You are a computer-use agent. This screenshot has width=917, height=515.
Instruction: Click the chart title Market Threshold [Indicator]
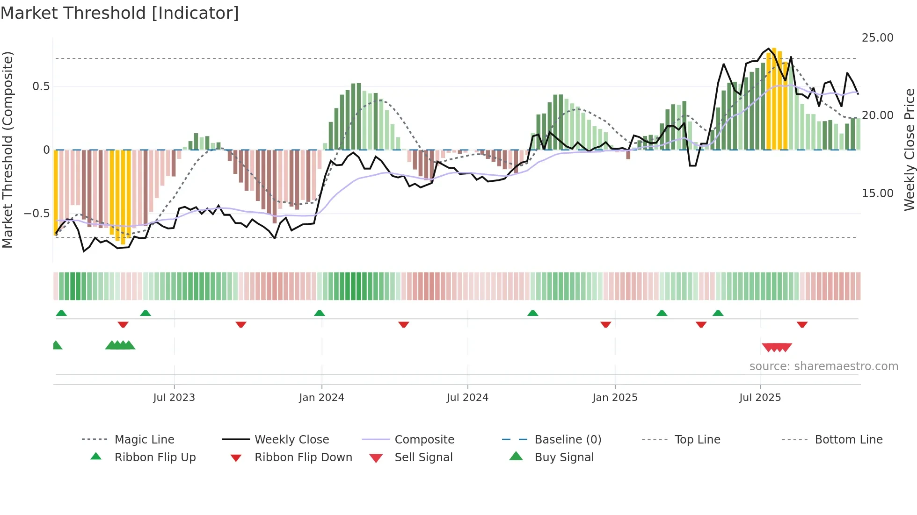tap(120, 13)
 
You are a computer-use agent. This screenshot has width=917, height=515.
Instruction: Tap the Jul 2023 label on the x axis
tap(174, 398)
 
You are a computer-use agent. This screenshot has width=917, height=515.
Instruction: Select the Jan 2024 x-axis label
tap(321, 398)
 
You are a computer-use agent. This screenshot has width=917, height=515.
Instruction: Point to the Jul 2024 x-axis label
tap(467, 398)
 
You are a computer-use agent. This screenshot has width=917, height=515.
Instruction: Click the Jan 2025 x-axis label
tap(615, 398)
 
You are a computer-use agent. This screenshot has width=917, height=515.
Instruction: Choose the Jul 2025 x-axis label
tap(760, 398)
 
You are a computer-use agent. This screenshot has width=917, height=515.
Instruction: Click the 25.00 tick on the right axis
tap(877, 38)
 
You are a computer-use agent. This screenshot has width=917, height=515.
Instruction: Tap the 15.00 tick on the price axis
tap(877, 193)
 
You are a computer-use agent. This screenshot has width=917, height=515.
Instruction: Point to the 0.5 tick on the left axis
tap(41, 86)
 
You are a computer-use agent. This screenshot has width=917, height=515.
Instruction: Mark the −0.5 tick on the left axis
tap(37, 214)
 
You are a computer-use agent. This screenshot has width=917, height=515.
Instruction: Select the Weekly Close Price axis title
tap(909, 150)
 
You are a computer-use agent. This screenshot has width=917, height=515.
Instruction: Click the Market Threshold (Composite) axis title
tap(7, 150)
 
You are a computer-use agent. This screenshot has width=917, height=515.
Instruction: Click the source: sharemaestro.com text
tap(823, 366)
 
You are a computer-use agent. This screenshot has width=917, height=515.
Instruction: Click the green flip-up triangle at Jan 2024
tap(320, 313)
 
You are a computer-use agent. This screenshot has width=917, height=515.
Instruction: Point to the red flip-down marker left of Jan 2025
tap(605, 324)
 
